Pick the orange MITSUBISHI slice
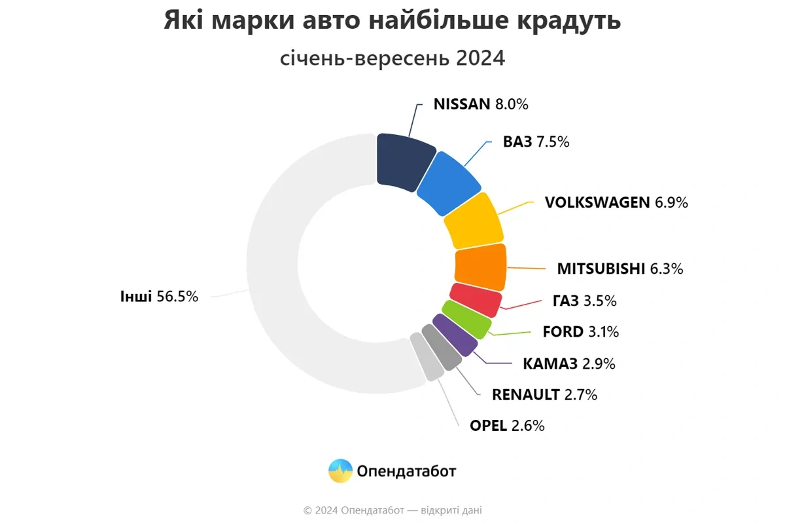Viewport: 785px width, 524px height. point(481,267)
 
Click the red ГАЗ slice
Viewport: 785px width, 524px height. point(475,299)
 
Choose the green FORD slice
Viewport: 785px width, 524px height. point(466,319)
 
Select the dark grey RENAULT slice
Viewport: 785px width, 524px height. point(441,347)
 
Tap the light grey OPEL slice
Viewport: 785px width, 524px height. point(427,356)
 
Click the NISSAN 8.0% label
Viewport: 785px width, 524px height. point(481,104)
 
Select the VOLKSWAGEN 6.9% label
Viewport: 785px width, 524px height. point(616,202)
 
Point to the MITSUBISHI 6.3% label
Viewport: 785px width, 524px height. point(620,269)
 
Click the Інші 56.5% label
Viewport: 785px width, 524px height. point(159,296)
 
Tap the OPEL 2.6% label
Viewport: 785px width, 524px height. point(507,425)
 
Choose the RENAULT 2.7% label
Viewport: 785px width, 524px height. point(544,394)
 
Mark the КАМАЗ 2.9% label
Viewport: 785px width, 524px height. point(569,364)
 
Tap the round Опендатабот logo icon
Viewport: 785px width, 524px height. point(340,471)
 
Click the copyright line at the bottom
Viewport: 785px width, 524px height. point(392,510)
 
